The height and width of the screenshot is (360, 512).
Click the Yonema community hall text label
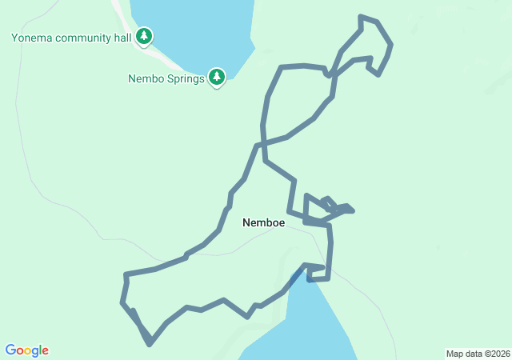[x=70, y=37]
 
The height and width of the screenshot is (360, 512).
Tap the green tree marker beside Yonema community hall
[x=144, y=36]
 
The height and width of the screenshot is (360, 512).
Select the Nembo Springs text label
[x=166, y=78]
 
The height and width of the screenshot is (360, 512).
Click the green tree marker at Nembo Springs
[x=216, y=77]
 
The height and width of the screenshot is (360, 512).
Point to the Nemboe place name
[x=263, y=223]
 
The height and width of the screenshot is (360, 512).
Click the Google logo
[x=26, y=350]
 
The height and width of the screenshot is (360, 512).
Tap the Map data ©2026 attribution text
[x=477, y=354]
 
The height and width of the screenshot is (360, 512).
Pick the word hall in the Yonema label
[x=121, y=37]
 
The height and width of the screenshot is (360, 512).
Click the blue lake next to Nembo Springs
[x=192, y=32]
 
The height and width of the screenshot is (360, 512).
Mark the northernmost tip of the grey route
[x=362, y=16]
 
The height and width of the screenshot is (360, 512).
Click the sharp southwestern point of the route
[x=150, y=345]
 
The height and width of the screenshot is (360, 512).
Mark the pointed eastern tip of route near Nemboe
[x=353, y=211]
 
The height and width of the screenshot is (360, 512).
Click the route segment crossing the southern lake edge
[x=297, y=277]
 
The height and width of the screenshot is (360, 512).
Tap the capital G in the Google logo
[x=10, y=350]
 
